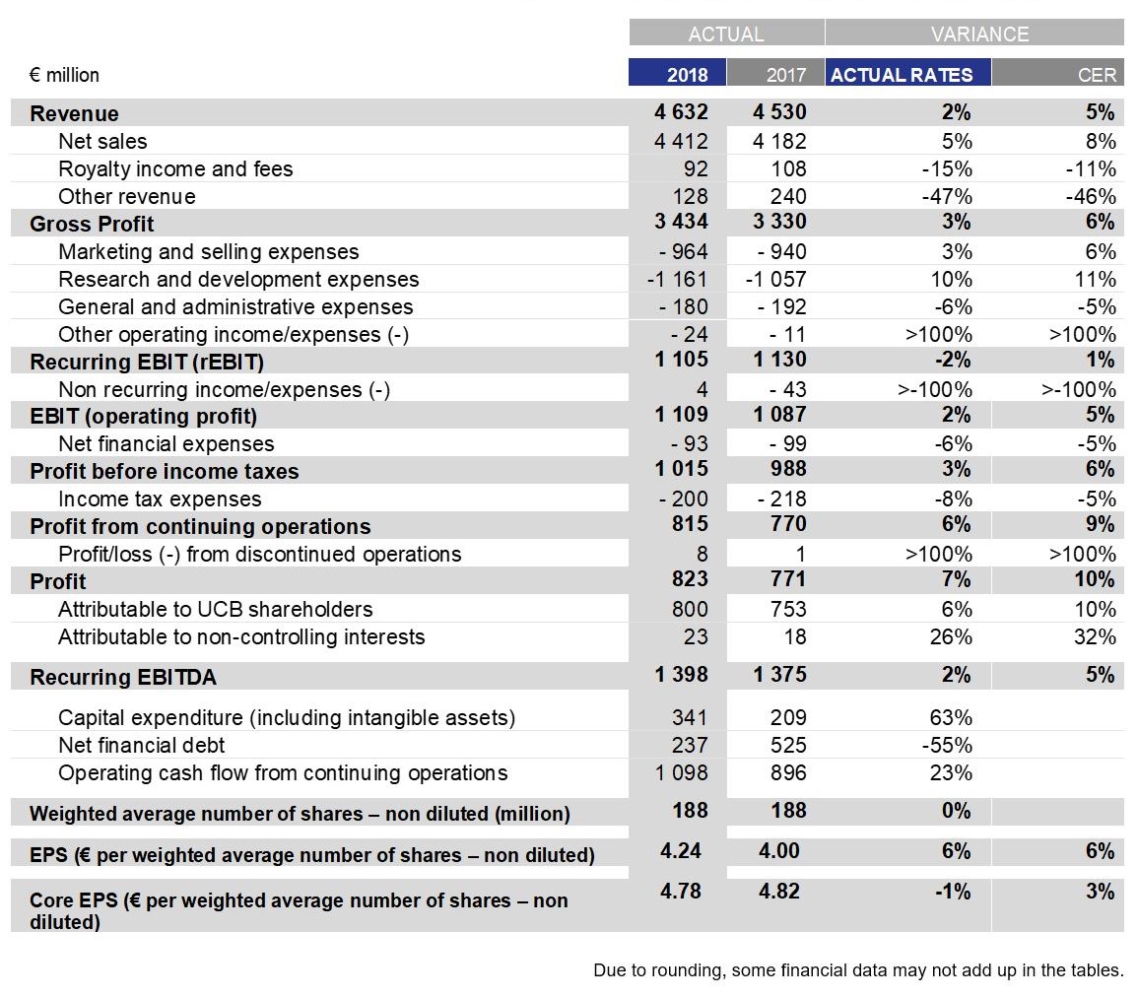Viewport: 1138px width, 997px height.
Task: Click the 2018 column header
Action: [x=687, y=75]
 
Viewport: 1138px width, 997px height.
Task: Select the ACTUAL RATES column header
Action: [x=902, y=75]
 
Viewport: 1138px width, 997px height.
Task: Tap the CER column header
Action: [x=1097, y=75]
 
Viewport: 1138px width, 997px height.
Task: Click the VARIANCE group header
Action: [x=979, y=34]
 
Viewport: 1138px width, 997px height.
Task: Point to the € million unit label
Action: [x=64, y=75]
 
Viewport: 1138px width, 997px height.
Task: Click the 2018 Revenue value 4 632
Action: [x=681, y=111]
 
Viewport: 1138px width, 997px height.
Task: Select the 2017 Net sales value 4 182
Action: [x=778, y=141]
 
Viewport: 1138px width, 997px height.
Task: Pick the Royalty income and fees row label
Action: [x=175, y=169]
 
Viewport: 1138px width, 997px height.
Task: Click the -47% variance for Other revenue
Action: [x=947, y=196]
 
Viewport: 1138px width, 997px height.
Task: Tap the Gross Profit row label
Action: [x=92, y=224]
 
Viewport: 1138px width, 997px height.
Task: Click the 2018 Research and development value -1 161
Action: [x=677, y=280]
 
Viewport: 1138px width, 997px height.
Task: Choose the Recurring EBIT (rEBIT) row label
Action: [x=147, y=362]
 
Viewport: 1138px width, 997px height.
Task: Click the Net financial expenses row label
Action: [x=167, y=443]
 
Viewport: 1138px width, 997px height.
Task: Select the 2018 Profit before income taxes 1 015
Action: [x=681, y=469]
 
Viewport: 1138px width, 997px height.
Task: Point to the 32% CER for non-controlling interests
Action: [x=1095, y=637]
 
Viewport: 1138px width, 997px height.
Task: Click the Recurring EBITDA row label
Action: [x=122, y=677]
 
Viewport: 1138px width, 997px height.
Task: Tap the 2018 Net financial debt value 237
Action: [x=690, y=745]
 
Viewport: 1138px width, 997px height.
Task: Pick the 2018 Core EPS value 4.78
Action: [x=680, y=891]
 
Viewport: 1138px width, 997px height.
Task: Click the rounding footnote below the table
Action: [x=858, y=970]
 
